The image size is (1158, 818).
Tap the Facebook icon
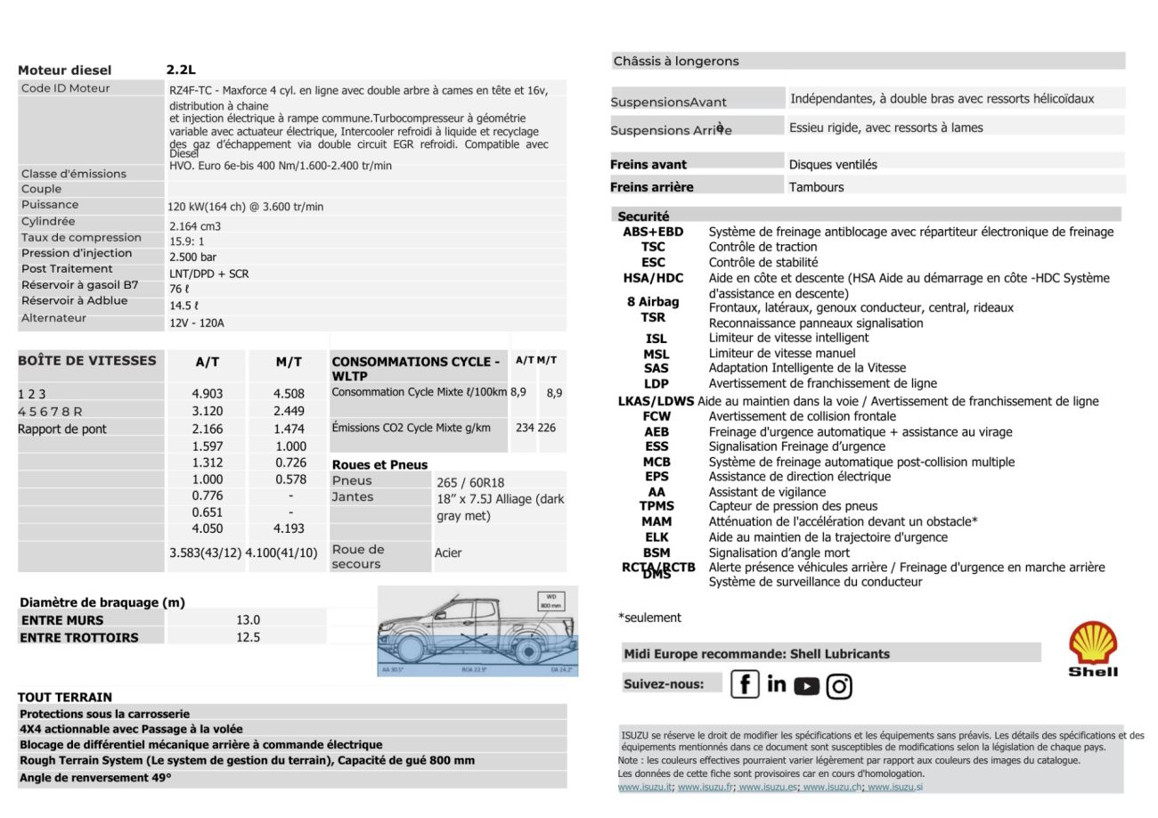pyautogui.click(x=744, y=684)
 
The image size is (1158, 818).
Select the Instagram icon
pyautogui.click(x=838, y=685)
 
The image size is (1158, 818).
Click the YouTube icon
pyautogui.click(x=806, y=685)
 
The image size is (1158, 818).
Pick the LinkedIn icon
pyautogui.click(x=776, y=683)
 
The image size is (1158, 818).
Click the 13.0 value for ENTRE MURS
pyautogui.click(x=248, y=620)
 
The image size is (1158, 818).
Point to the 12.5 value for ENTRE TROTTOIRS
pyautogui.click(x=248, y=637)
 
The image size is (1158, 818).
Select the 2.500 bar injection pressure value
pyautogui.click(x=193, y=257)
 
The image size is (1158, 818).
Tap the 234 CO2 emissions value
pyautogui.click(x=525, y=428)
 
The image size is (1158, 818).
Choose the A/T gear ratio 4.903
pyautogui.click(x=207, y=393)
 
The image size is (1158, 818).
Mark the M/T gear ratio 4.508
pyautogui.click(x=289, y=393)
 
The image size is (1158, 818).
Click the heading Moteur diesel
pyautogui.click(x=65, y=70)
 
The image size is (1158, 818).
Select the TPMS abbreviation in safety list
pyautogui.click(x=656, y=506)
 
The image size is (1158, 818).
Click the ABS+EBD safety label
pyautogui.click(x=653, y=232)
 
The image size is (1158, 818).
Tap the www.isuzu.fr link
pyautogui.click(x=705, y=787)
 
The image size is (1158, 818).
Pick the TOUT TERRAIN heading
pyautogui.click(x=65, y=697)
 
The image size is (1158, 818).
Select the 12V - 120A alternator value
pyautogui.click(x=197, y=323)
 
